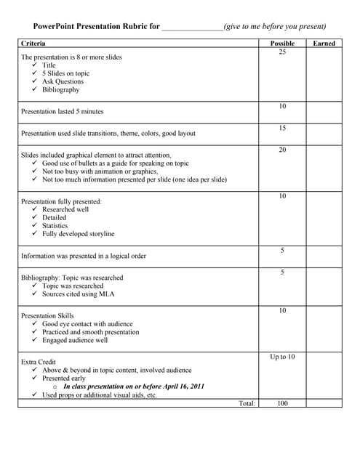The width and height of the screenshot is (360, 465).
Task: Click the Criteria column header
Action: click(x=33, y=44)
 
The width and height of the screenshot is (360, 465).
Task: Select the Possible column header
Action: click(x=282, y=44)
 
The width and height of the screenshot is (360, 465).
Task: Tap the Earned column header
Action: click(x=324, y=44)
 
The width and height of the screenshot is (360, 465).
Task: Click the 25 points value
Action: click(x=282, y=52)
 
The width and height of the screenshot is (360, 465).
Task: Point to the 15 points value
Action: click(x=282, y=129)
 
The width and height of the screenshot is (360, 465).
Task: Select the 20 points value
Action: click(x=282, y=150)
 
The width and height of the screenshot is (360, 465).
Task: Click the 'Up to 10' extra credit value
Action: click(x=282, y=357)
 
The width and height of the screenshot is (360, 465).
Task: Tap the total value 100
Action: click(x=282, y=403)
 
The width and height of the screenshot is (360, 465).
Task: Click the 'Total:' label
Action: click(x=247, y=403)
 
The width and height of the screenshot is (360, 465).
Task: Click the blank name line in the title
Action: click(x=192, y=26)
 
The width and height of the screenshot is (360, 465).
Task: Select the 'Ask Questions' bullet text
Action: click(x=63, y=81)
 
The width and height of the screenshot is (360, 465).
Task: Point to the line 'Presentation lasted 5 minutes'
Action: click(x=63, y=112)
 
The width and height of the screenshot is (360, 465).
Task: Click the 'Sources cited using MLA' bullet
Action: click(x=78, y=294)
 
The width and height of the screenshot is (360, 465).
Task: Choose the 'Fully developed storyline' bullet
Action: click(x=78, y=234)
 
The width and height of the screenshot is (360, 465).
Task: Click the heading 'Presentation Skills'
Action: click(x=47, y=316)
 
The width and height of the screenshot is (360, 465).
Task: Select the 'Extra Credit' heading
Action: click(x=39, y=361)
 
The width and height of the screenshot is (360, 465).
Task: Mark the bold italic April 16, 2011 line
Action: click(x=134, y=387)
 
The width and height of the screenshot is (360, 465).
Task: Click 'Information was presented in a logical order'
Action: click(x=84, y=256)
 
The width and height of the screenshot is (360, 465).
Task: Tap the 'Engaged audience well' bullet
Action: click(x=75, y=340)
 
